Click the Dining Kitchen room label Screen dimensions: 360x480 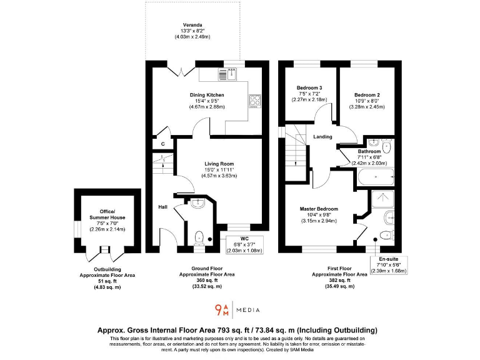pos(207,95)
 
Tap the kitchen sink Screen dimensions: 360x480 pos(228,74)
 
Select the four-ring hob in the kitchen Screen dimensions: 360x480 pos(255,101)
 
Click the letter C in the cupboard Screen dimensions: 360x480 pos(162,144)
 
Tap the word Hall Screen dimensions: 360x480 pos(162,207)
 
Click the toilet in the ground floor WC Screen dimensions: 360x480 pos(198,237)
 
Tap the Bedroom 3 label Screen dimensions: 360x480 pos(309,87)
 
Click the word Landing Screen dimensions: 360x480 pos(322,137)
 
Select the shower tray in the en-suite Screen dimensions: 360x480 pos(381,199)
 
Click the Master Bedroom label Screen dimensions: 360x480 pos(319,209)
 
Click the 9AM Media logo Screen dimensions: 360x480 pos(237,309)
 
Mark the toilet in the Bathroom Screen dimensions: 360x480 pos(386,147)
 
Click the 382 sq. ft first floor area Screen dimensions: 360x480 pos(339,280)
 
